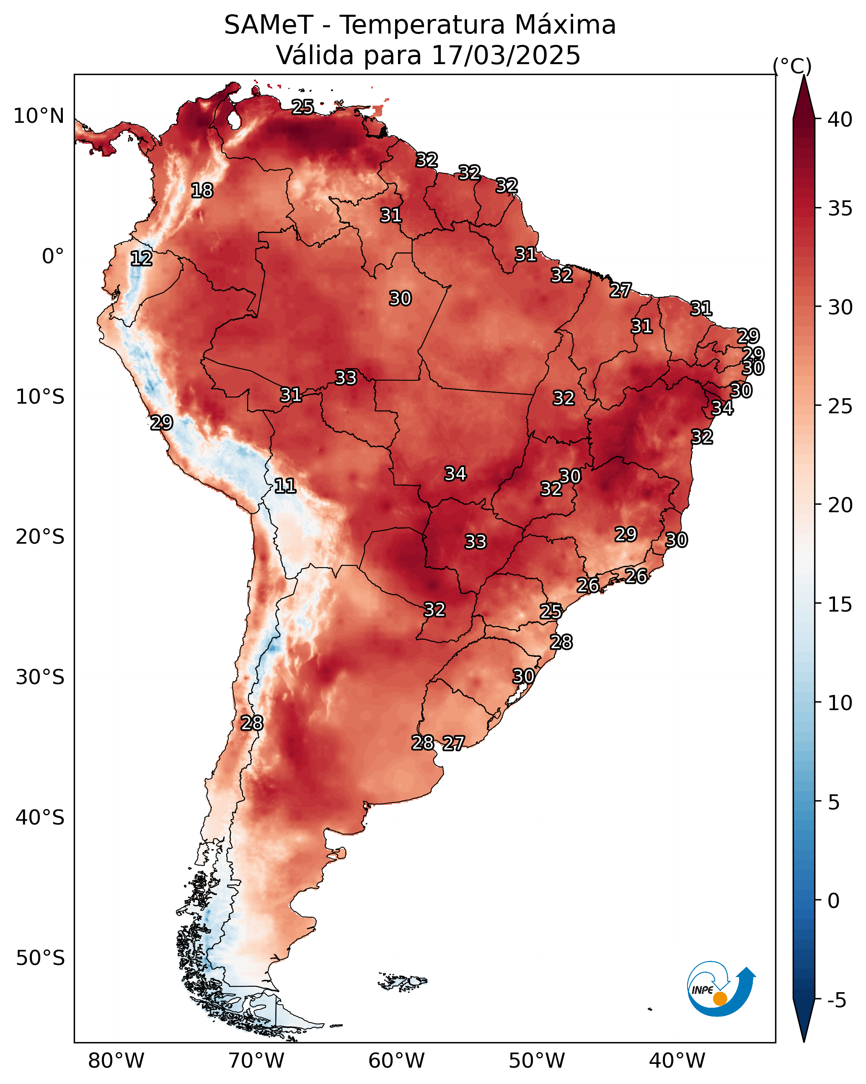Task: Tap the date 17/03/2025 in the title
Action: (506, 55)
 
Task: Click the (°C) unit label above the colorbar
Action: (792, 66)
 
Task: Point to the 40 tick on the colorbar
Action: (840, 119)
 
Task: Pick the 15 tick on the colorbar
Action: (840, 604)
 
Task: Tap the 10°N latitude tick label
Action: (39, 116)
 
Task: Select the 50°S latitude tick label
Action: (40, 958)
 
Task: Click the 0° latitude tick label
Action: (53, 257)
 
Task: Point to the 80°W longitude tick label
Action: (116, 1061)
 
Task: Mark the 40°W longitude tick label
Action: (677, 1061)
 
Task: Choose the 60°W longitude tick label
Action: (397, 1061)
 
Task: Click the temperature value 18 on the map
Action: (202, 191)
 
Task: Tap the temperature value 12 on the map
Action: (141, 259)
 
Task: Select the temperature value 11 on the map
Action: (285, 486)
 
